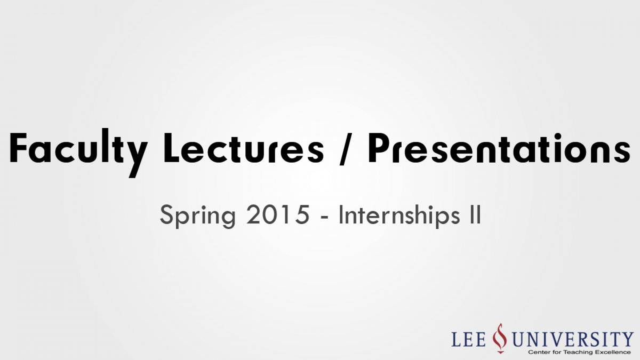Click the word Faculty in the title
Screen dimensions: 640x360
pos(78,153)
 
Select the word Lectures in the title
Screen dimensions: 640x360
pos(243,148)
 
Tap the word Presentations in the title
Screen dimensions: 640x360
pos(499,148)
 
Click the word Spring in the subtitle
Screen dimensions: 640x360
pos(198,217)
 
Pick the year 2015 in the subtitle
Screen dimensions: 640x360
pos(278,214)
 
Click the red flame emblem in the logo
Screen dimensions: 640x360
pos(500,338)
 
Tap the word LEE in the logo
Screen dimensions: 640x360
pos(469,339)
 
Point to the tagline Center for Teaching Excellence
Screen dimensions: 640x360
pos(579,352)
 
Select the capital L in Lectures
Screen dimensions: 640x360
pos(171,148)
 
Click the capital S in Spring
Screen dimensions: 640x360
pos(166,214)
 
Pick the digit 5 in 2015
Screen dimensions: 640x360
pos(302,215)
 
